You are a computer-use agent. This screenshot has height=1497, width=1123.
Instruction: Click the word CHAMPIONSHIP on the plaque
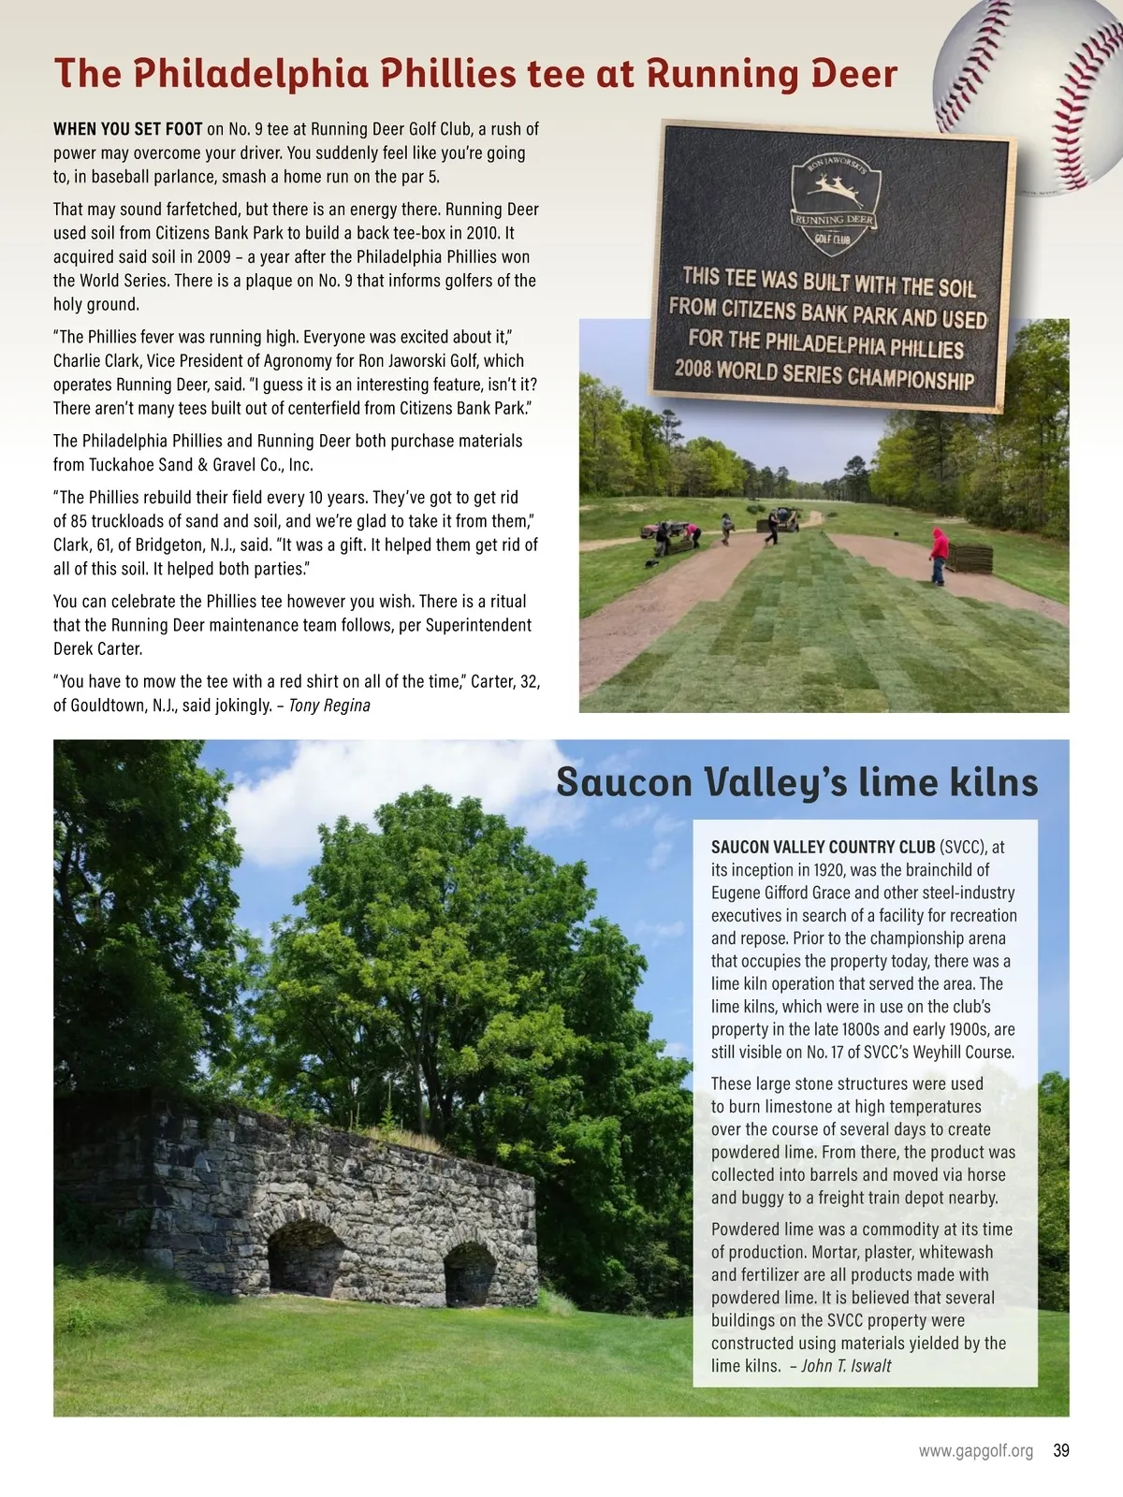pyautogui.click(x=911, y=377)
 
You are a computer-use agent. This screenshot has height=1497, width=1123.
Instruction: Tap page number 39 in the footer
pyautogui.click(x=1060, y=1451)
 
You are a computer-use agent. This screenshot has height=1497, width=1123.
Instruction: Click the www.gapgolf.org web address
pyautogui.click(x=975, y=1451)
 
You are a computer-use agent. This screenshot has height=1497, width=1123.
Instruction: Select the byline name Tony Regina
pyautogui.click(x=329, y=705)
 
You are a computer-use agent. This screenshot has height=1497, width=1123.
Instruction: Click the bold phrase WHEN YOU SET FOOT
pyautogui.click(x=128, y=129)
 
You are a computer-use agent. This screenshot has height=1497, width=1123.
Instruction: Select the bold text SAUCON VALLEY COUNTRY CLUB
pyautogui.click(x=823, y=847)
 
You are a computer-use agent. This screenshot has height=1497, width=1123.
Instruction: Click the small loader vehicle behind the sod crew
pyautogui.click(x=784, y=519)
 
